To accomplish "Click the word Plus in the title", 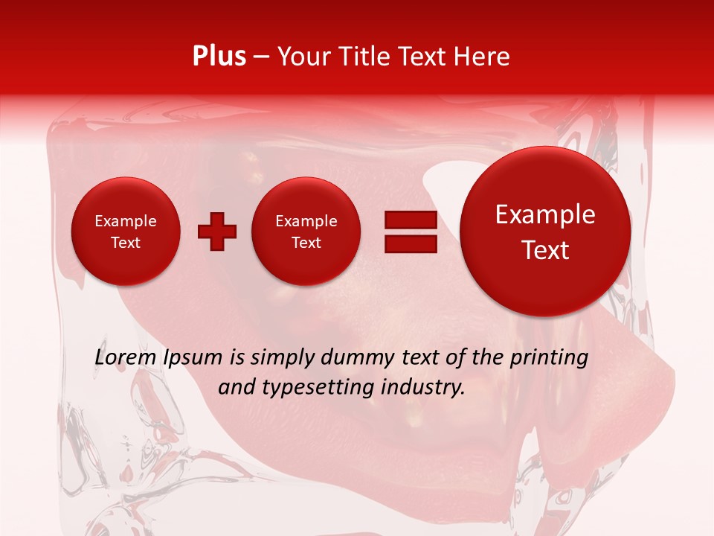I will point(219,57).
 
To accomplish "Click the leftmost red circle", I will point(125,232).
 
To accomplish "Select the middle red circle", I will point(306,232).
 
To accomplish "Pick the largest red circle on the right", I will point(545,232).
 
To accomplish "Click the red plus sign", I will point(217,232).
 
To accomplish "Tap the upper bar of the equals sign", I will point(411,220).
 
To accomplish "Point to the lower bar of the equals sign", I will point(411,243).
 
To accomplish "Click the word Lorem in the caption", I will point(126,358).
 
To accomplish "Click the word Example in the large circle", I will point(545,214).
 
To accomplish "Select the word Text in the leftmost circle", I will point(125,243).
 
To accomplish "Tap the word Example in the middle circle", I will point(306,221).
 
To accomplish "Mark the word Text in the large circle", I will point(545,250).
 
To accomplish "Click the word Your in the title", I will point(301,57).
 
